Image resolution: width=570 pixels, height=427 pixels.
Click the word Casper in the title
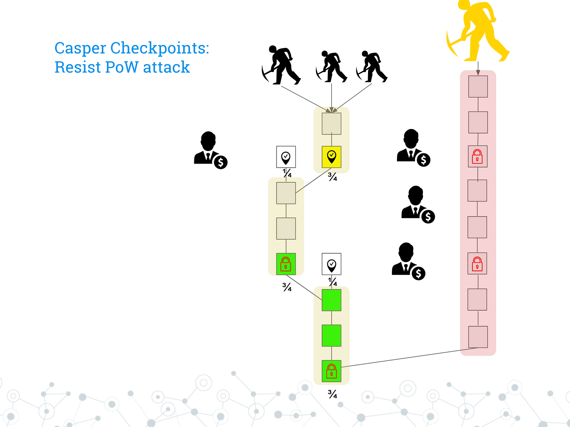pos(80,48)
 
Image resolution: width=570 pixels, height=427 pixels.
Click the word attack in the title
pos(166,67)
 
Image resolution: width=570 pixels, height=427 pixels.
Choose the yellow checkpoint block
pos(331,157)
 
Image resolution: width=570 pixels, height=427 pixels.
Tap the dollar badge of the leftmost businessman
pos(221,162)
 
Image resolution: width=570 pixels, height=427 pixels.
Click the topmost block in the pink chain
pos(478,86)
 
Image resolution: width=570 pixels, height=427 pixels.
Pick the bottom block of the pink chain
pos(478,337)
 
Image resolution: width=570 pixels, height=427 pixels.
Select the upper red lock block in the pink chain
pos(477,156)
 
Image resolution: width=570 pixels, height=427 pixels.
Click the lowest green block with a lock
pos(331,371)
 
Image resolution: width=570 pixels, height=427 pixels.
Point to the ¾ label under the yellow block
pos(332,177)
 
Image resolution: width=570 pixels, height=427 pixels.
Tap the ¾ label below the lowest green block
pos(332,394)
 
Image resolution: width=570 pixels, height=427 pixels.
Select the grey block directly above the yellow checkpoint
pos(331,124)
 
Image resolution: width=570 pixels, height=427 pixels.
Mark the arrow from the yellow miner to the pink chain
pos(478,68)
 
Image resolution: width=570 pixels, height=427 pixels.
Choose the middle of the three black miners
pos(331,67)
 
